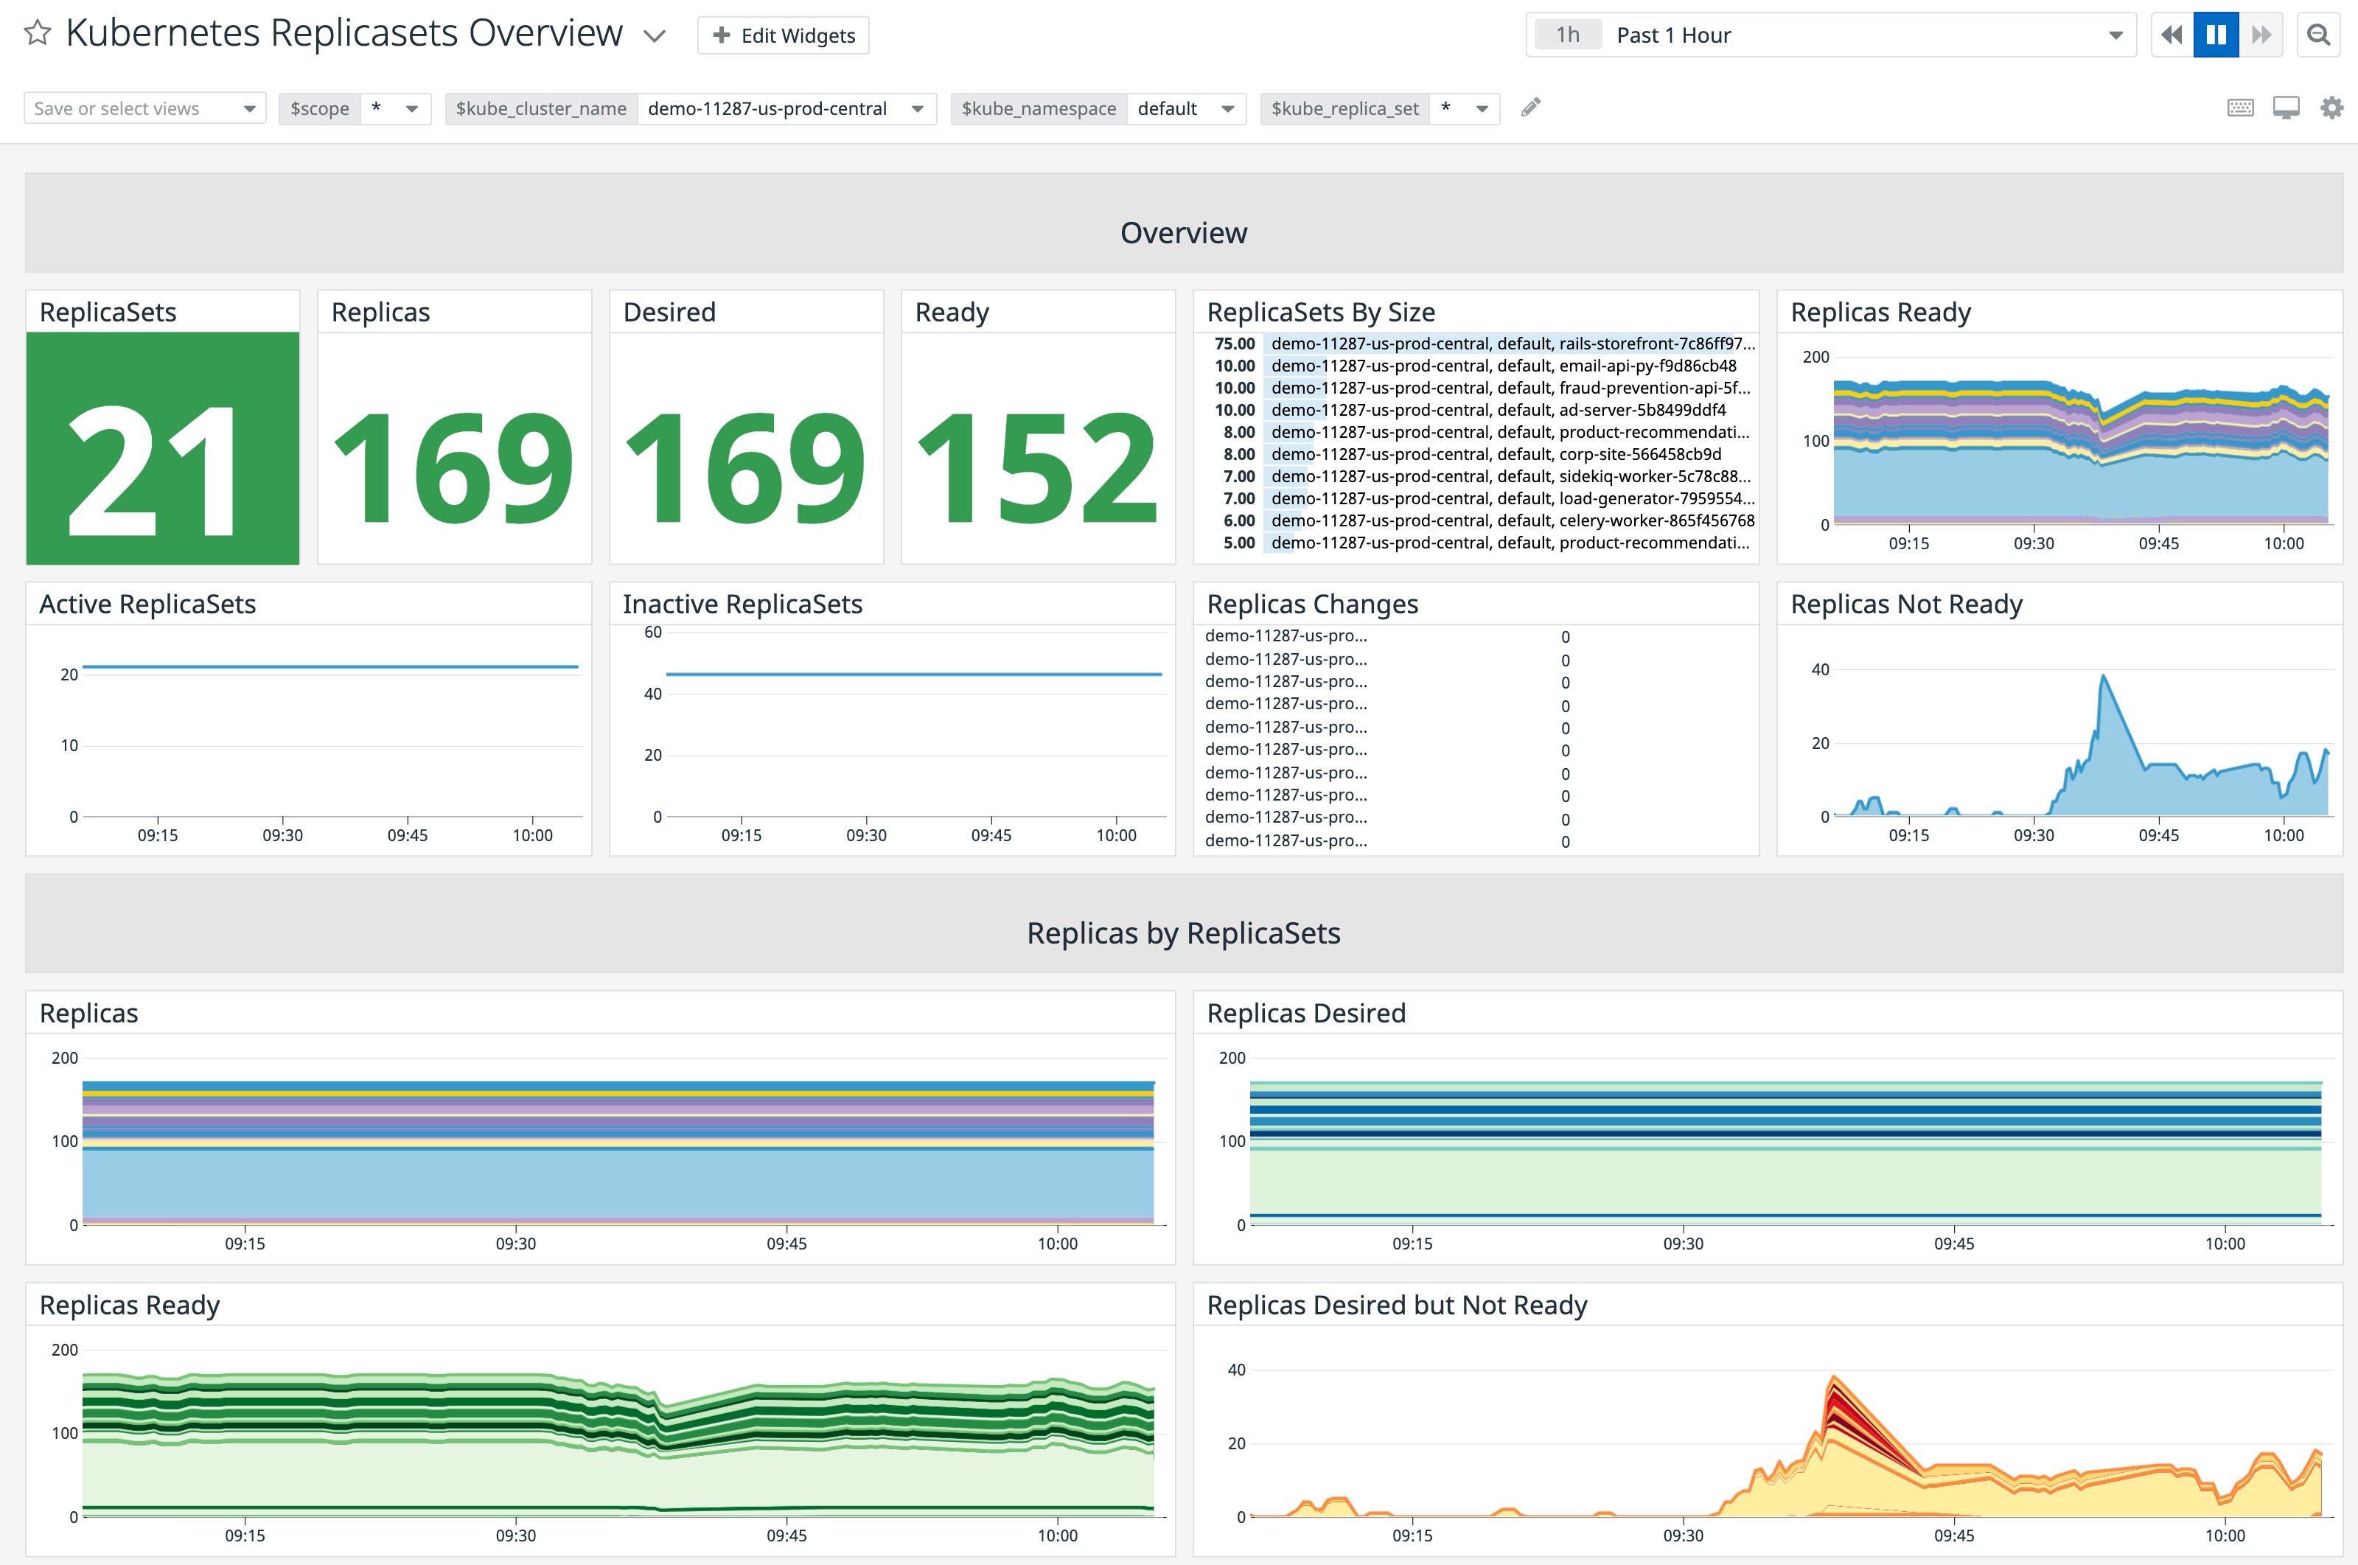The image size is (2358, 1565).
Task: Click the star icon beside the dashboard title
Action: pos(37,33)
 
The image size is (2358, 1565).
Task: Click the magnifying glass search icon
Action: pos(2319,35)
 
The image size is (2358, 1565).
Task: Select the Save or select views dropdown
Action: pos(144,108)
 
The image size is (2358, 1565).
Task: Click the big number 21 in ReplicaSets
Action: pos(155,469)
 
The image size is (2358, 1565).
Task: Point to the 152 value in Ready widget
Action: pos(1037,469)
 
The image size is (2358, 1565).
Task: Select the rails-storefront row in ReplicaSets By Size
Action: pos(1511,344)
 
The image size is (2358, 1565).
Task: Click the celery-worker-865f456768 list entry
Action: pos(1511,520)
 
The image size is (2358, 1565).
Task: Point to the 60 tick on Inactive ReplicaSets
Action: pos(652,632)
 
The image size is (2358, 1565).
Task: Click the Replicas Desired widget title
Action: pos(1305,1013)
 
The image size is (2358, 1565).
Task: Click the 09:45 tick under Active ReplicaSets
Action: pos(407,835)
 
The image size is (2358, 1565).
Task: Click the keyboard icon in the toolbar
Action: pos(2240,108)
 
